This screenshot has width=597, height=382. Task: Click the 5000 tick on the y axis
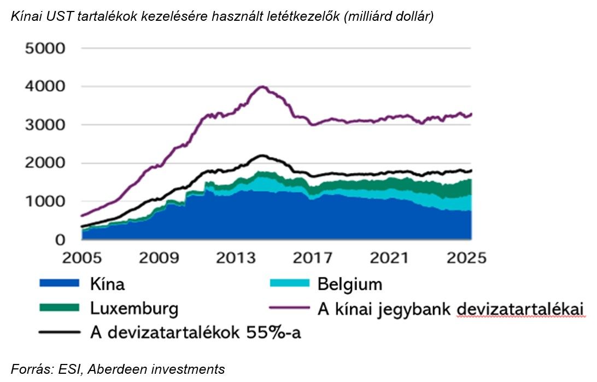pos(45,49)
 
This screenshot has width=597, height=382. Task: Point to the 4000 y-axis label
pos(45,87)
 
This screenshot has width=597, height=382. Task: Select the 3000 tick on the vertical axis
pos(45,125)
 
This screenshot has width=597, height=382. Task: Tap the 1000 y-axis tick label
pos(45,202)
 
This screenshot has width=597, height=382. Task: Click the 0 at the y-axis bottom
pos(60,240)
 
